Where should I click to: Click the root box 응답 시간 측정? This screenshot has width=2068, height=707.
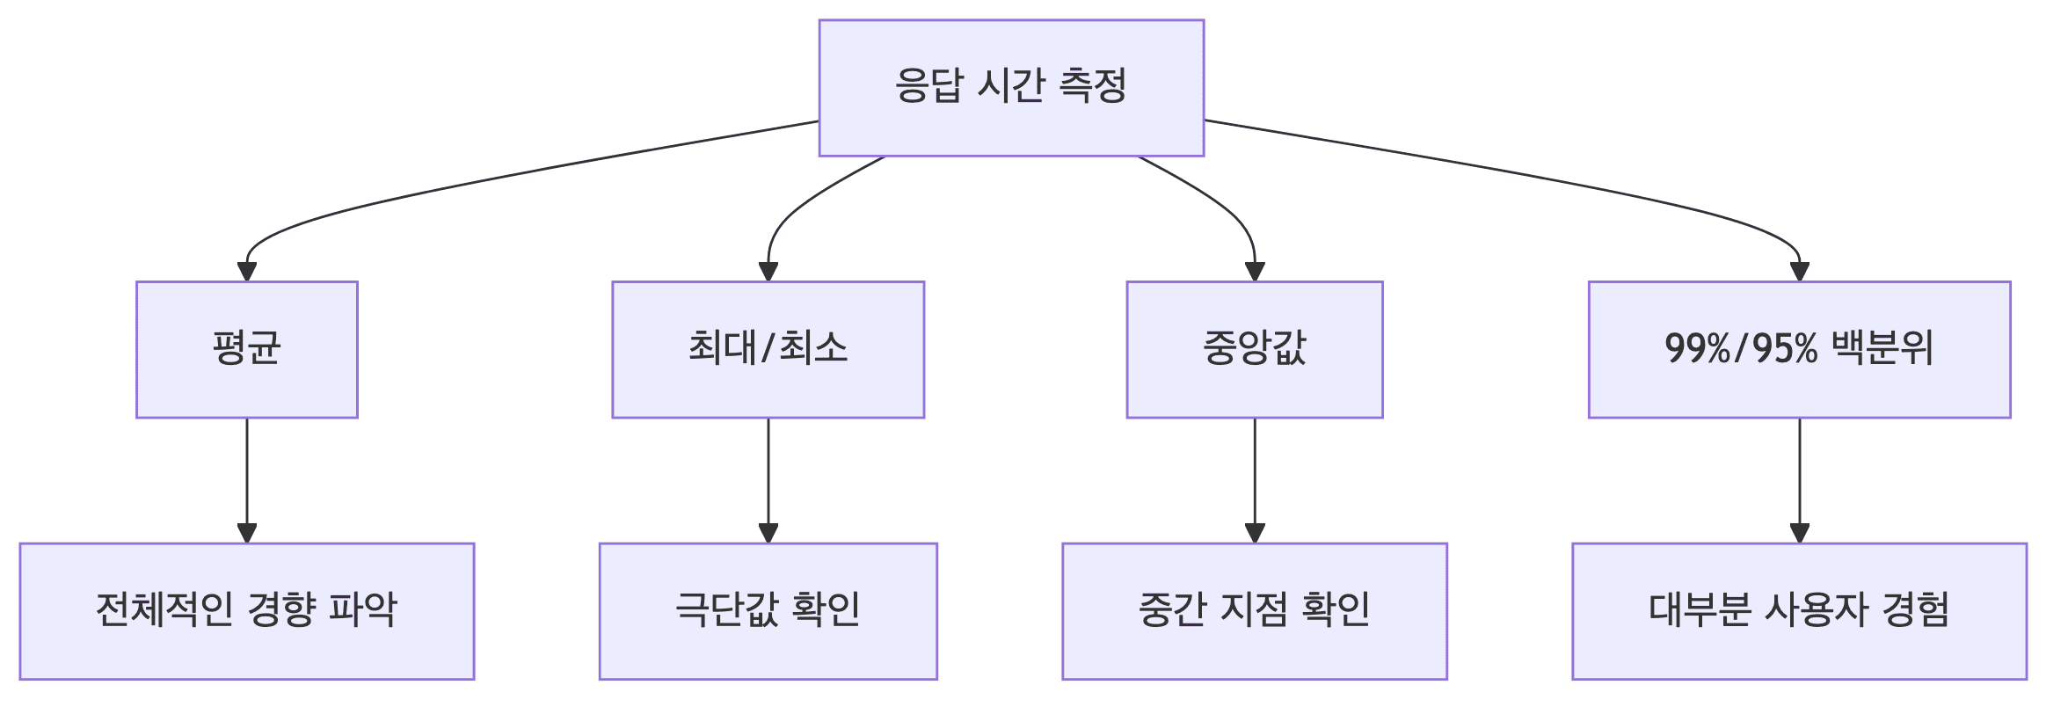(1011, 88)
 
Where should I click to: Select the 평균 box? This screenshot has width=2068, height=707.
(247, 349)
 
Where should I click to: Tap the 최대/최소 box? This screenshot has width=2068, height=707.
(768, 349)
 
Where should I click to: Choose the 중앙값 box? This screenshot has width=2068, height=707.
(1255, 349)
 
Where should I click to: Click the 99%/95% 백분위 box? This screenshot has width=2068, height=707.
(1799, 349)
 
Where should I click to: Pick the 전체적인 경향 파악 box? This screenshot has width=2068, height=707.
(247, 611)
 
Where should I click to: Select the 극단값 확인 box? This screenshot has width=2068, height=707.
(768, 611)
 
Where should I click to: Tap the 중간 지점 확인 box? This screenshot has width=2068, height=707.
(1255, 611)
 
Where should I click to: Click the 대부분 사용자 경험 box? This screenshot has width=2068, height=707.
(1799, 611)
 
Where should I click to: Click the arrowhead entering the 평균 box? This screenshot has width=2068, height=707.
(247, 272)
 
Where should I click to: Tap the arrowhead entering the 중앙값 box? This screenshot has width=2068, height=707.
(1255, 272)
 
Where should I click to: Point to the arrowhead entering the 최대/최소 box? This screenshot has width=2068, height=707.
(768, 272)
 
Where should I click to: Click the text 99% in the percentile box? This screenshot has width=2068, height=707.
(1686, 349)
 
